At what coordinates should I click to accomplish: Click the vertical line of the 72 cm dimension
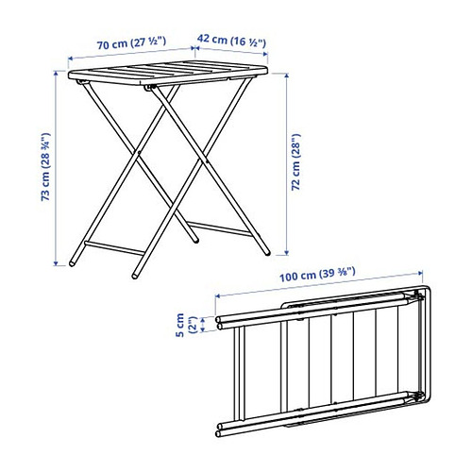(x=282, y=165)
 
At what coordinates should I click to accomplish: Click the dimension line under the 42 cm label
(x=231, y=54)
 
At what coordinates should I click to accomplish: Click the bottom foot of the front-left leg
(x=136, y=272)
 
